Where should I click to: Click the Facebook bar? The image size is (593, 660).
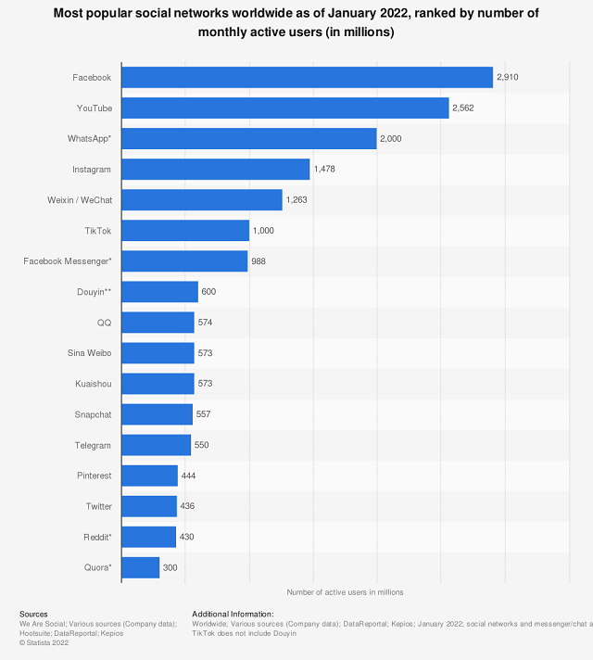[x=307, y=78]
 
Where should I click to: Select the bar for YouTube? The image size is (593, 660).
[x=284, y=108]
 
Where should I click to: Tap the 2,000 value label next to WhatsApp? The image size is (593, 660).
[x=391, y=139]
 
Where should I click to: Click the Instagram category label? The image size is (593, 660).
[x=92, y=170]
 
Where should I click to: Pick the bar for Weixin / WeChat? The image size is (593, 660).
[x=201, y=200]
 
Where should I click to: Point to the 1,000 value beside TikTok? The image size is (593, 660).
[x=263, y=231]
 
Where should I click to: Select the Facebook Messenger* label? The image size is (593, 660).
[x=68, y=261]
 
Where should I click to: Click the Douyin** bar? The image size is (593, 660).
[x=159, y=292]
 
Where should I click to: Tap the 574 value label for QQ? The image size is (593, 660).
[x=206, y=323]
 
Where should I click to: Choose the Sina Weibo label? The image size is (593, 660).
[x=89, y=353]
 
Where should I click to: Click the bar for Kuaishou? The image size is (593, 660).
[x=158, y=384]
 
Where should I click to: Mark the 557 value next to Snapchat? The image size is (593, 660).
[x=204, y=414]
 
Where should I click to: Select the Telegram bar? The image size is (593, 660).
[x=156, y=445]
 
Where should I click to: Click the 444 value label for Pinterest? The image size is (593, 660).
[x=189, y=476]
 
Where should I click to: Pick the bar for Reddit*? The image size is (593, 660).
[x=148, y=537]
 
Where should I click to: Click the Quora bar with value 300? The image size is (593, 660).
[x=140, y=567]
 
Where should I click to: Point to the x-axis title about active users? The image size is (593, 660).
[x=345, y=591]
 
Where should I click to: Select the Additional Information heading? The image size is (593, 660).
[x=233, y=615]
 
